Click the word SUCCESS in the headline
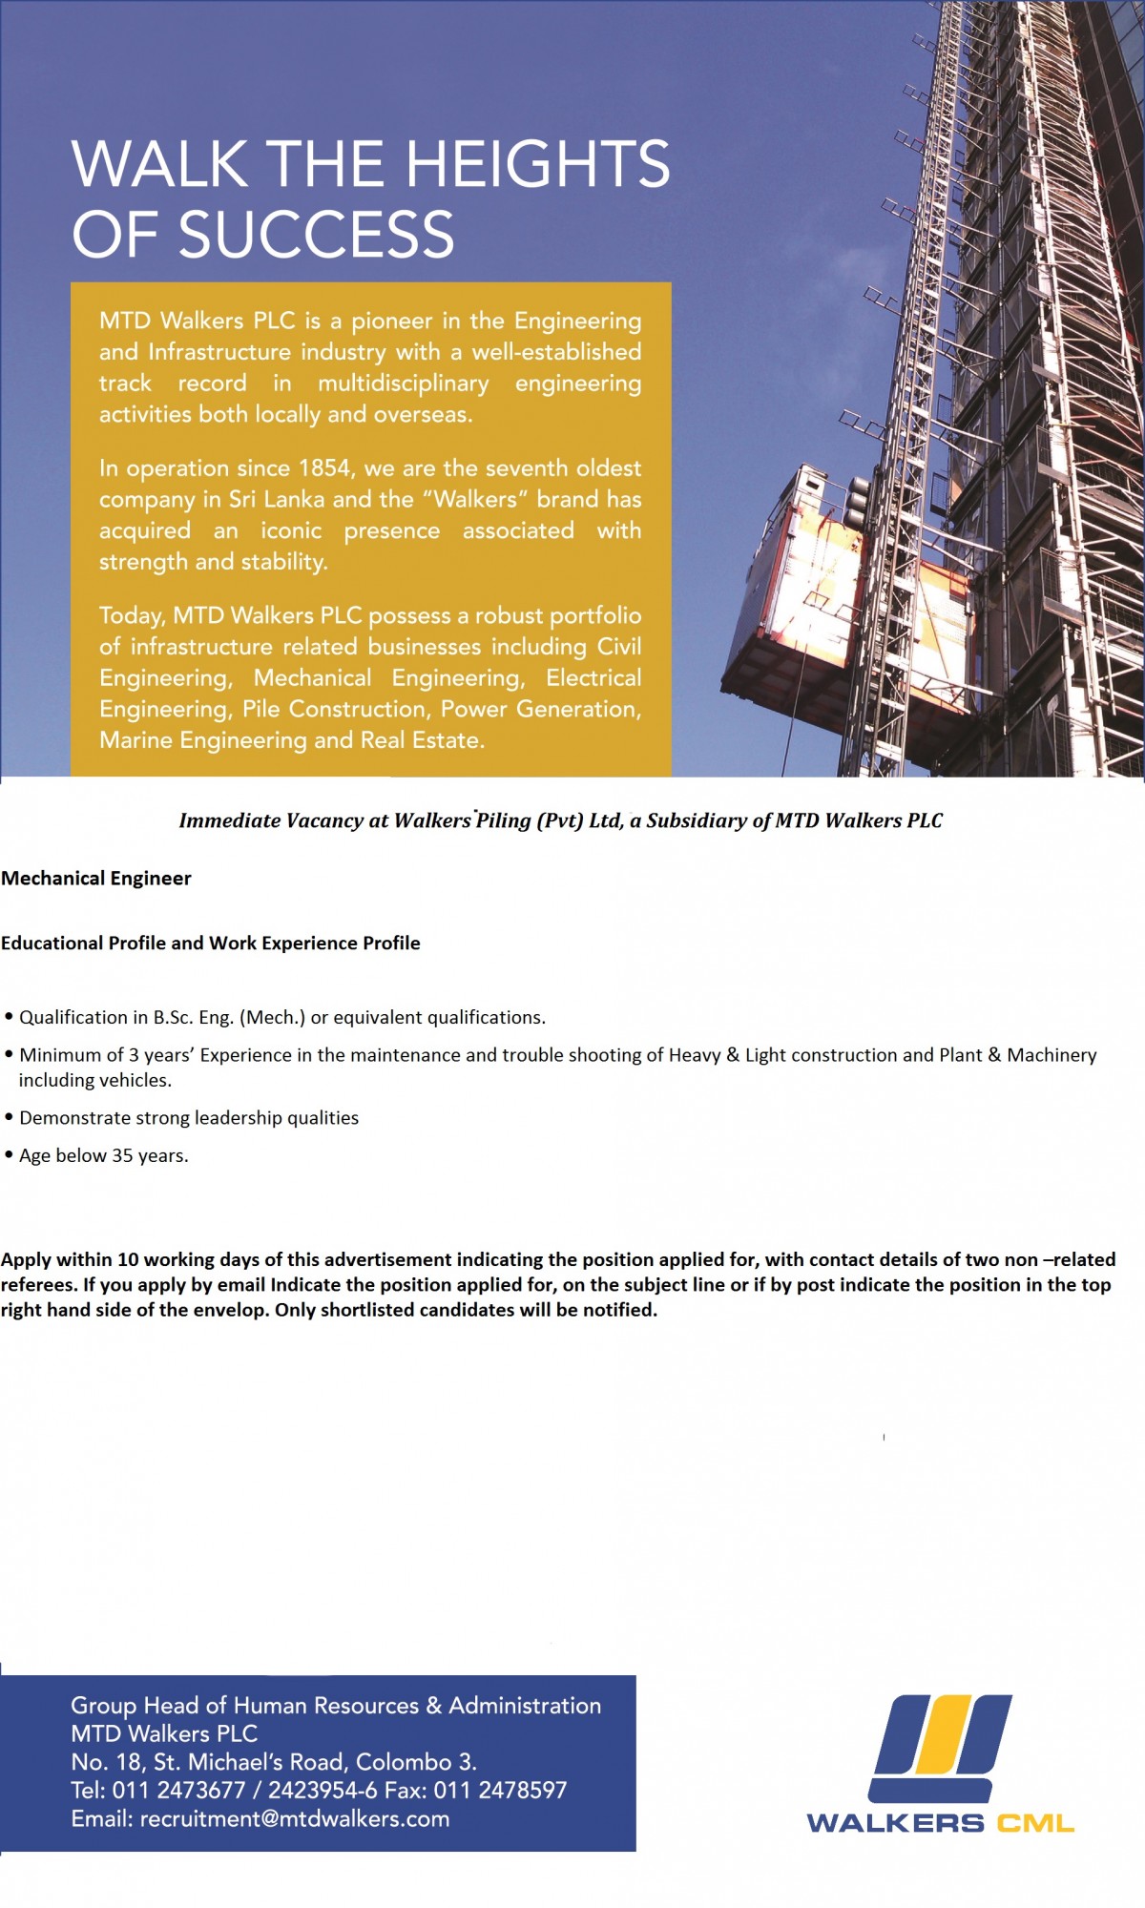coord(317,235)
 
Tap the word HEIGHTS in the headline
coord(538,164)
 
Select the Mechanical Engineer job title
coord(96,879)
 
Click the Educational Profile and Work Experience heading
coord(211,944)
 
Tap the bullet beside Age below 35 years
coord(9,1155)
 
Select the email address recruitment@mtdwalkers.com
coord(295,1819)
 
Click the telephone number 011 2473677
coord(178,1791)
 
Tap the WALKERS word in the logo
coord(895,1823)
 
